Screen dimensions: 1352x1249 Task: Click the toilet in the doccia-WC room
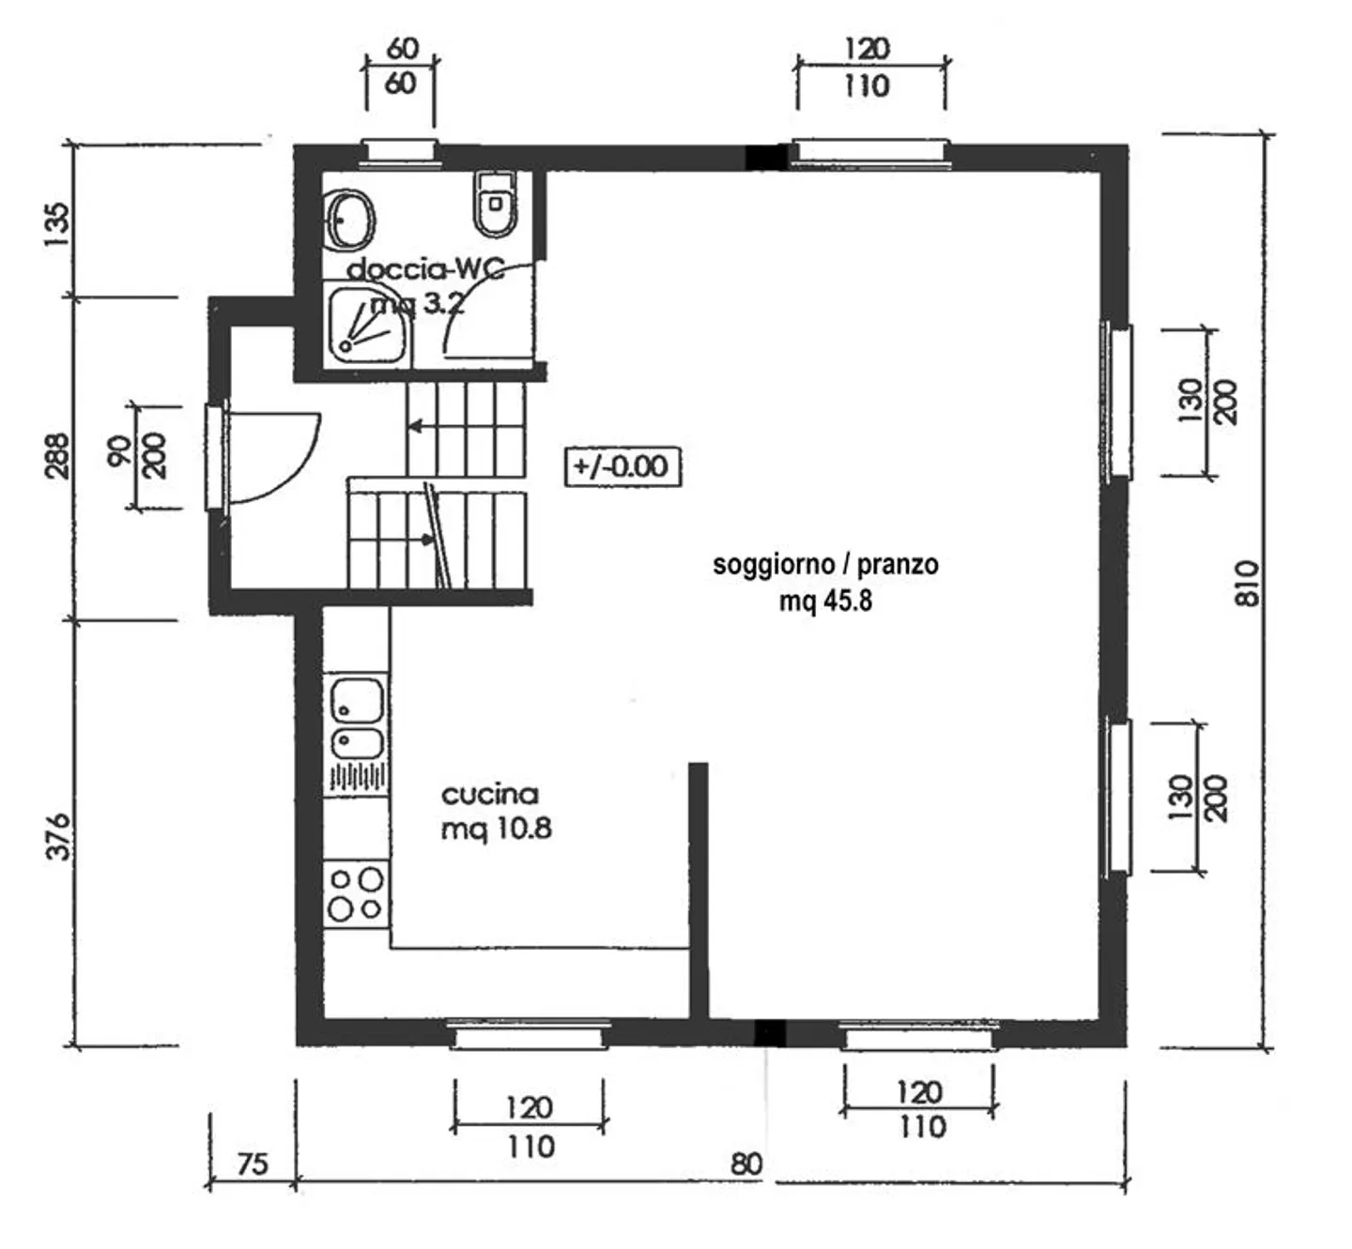pos(496,205)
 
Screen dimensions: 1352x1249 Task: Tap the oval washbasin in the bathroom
pos(350,220)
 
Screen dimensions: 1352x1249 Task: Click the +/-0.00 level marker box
pos(622,467)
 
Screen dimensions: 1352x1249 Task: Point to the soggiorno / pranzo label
pos(826,565)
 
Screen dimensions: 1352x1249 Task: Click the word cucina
pos(490,794)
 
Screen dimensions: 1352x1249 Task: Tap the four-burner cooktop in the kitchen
pos(356,893)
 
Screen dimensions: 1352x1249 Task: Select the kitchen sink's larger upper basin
pos(357,700)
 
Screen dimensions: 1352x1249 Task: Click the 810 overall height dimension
pos(1248,584)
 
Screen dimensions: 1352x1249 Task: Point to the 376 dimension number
pos(59,836)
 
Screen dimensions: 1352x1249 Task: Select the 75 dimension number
pos(253,1164)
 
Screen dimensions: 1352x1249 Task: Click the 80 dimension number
pos(746,1165)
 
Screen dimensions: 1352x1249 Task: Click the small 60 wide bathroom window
pos(399,151)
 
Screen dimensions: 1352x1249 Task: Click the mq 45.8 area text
pos(826,602)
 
